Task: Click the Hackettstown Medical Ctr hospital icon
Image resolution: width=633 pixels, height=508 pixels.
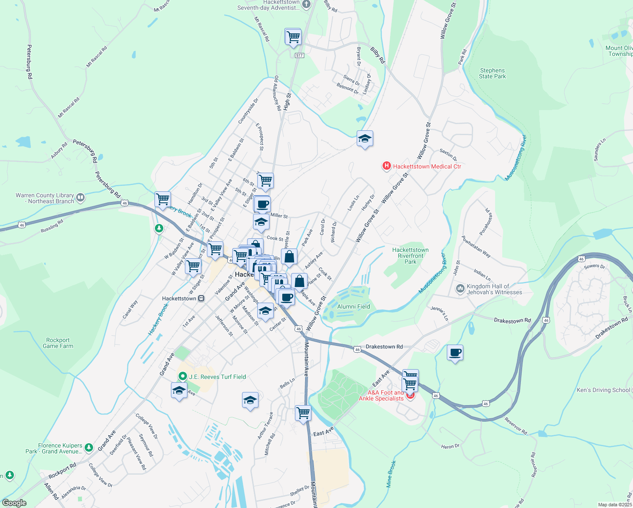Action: tap(386, 166)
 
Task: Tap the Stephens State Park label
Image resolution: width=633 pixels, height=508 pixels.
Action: tap(492, 74)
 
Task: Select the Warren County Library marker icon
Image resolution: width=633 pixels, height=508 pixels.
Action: tap(80, 197)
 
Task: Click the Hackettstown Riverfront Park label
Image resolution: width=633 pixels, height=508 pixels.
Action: tap(410, 256)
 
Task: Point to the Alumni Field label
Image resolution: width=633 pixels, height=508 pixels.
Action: tap(354, 306)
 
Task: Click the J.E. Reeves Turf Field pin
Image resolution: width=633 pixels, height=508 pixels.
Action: tap(182, 376)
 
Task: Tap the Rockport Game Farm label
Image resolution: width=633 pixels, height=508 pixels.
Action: tap(58, 343)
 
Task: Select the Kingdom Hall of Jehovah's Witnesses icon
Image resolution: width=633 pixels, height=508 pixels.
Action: tap(460, 289)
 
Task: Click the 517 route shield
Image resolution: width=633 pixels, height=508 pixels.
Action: tap(300, 55)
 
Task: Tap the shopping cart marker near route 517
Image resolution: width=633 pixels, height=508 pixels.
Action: tap(293, 37)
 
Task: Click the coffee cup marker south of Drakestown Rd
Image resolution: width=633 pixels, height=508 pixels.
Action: tap(455, 353)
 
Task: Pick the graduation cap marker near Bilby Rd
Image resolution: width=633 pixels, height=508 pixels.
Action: tap(365, 138)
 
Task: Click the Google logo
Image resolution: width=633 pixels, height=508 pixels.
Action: tap(14, 503)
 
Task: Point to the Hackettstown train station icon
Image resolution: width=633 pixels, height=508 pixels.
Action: tap(201, 298)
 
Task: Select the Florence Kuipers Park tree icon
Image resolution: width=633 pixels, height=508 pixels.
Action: tap(88, 447)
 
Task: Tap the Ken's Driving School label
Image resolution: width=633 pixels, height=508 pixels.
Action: tap(603, 390)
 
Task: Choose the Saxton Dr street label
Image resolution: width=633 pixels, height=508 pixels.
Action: tap(448, 155)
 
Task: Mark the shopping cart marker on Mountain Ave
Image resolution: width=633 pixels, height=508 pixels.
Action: tap(303, 412)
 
